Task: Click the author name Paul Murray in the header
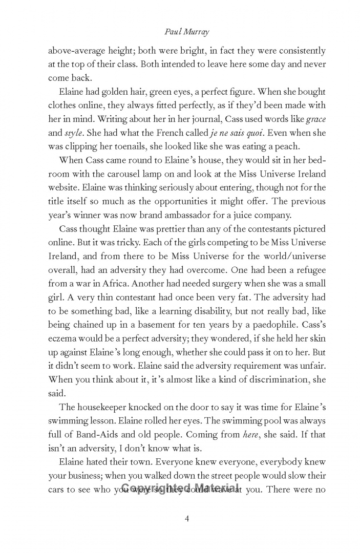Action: [x=180, y=31]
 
